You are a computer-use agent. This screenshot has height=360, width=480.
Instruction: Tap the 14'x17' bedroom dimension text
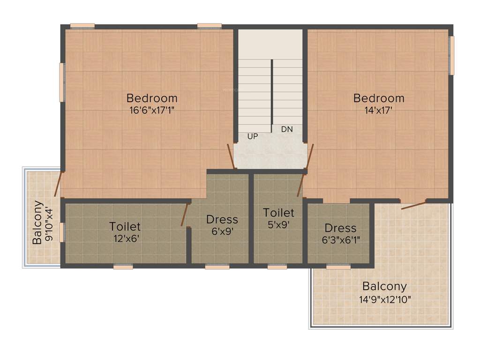tap(378, 111)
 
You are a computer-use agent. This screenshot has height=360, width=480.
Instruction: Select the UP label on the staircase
tap(252, 136)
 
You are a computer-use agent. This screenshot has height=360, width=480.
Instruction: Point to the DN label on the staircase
tap(287, 129)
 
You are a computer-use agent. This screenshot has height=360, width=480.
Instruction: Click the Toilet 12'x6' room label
tap(125, 232)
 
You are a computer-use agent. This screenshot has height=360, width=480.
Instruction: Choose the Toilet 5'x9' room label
tap(278, 218)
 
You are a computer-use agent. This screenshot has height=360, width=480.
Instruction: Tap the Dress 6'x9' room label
tap(222, 225)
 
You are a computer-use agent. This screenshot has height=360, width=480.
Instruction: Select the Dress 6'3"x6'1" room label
tap(340, 233)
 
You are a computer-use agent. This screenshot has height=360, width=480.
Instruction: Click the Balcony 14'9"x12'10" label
tap(384, 292)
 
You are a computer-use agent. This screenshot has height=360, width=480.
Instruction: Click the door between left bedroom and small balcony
tap(58, 184)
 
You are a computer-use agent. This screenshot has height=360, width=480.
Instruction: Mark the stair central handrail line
tap(272, 96)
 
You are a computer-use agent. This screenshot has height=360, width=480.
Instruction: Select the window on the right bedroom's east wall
tap(451, 55)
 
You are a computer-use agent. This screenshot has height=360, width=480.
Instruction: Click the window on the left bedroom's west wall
tap(61, 82)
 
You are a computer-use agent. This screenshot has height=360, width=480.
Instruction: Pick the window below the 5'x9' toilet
tap(277, 267)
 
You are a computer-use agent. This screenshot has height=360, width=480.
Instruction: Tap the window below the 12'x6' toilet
tap(123, 267)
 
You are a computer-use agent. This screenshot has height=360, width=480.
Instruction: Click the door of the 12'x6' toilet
tap(185, 215)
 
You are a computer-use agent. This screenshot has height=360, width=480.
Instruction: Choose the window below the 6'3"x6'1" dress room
tap(338, 267)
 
